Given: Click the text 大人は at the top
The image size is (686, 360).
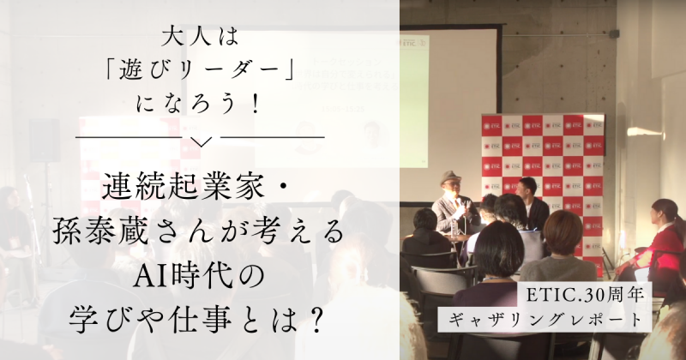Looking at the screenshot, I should click(200, 38).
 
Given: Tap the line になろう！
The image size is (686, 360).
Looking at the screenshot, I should click(201, 105).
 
